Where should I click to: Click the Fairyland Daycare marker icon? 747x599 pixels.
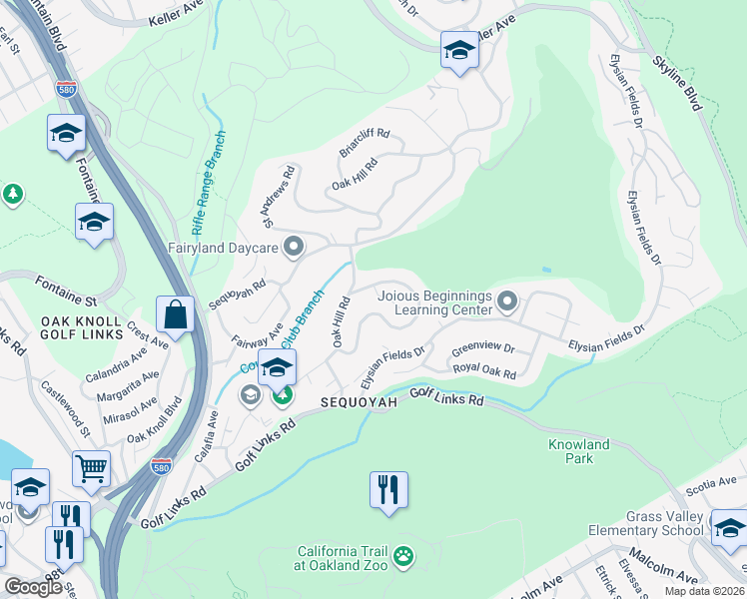point(294,246)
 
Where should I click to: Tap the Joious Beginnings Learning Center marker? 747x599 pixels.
point(507,300)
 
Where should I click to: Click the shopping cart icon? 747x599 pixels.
point(91,466)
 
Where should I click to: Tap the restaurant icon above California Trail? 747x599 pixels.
point(388,490)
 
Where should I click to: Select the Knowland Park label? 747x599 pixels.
point(578,451)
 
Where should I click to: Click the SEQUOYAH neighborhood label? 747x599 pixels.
point(360,401)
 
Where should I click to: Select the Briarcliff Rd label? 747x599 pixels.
point(364,143)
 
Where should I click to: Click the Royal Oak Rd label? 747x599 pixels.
point(484,370)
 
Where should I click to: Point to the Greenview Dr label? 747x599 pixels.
point(482,349)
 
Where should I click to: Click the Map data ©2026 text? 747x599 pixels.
point(705,591)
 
